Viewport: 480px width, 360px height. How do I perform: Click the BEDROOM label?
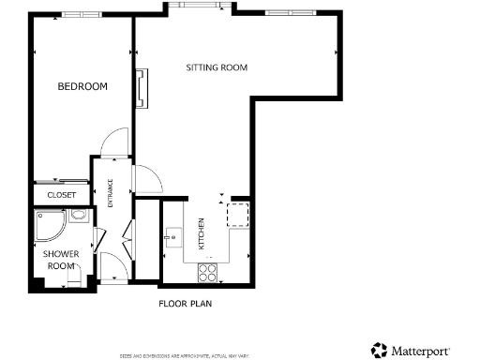[x=82, y=86]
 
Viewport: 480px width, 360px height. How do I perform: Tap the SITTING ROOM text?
[x=217, y=67]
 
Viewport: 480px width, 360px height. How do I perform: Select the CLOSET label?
[x=62, y=195]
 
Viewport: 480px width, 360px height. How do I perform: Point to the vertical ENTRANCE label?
[x=111, y=194]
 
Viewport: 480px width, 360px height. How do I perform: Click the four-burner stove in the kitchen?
[x=207, y=272]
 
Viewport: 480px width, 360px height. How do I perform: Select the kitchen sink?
[x=174, y=234]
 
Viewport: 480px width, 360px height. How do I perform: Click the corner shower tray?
[x=48, y=225]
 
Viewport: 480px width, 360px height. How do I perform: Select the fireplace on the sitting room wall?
[x=141, y=88]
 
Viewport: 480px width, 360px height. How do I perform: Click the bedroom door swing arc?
[x=111, y=144]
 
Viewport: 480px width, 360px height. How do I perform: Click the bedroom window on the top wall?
[x=75, y=15]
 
